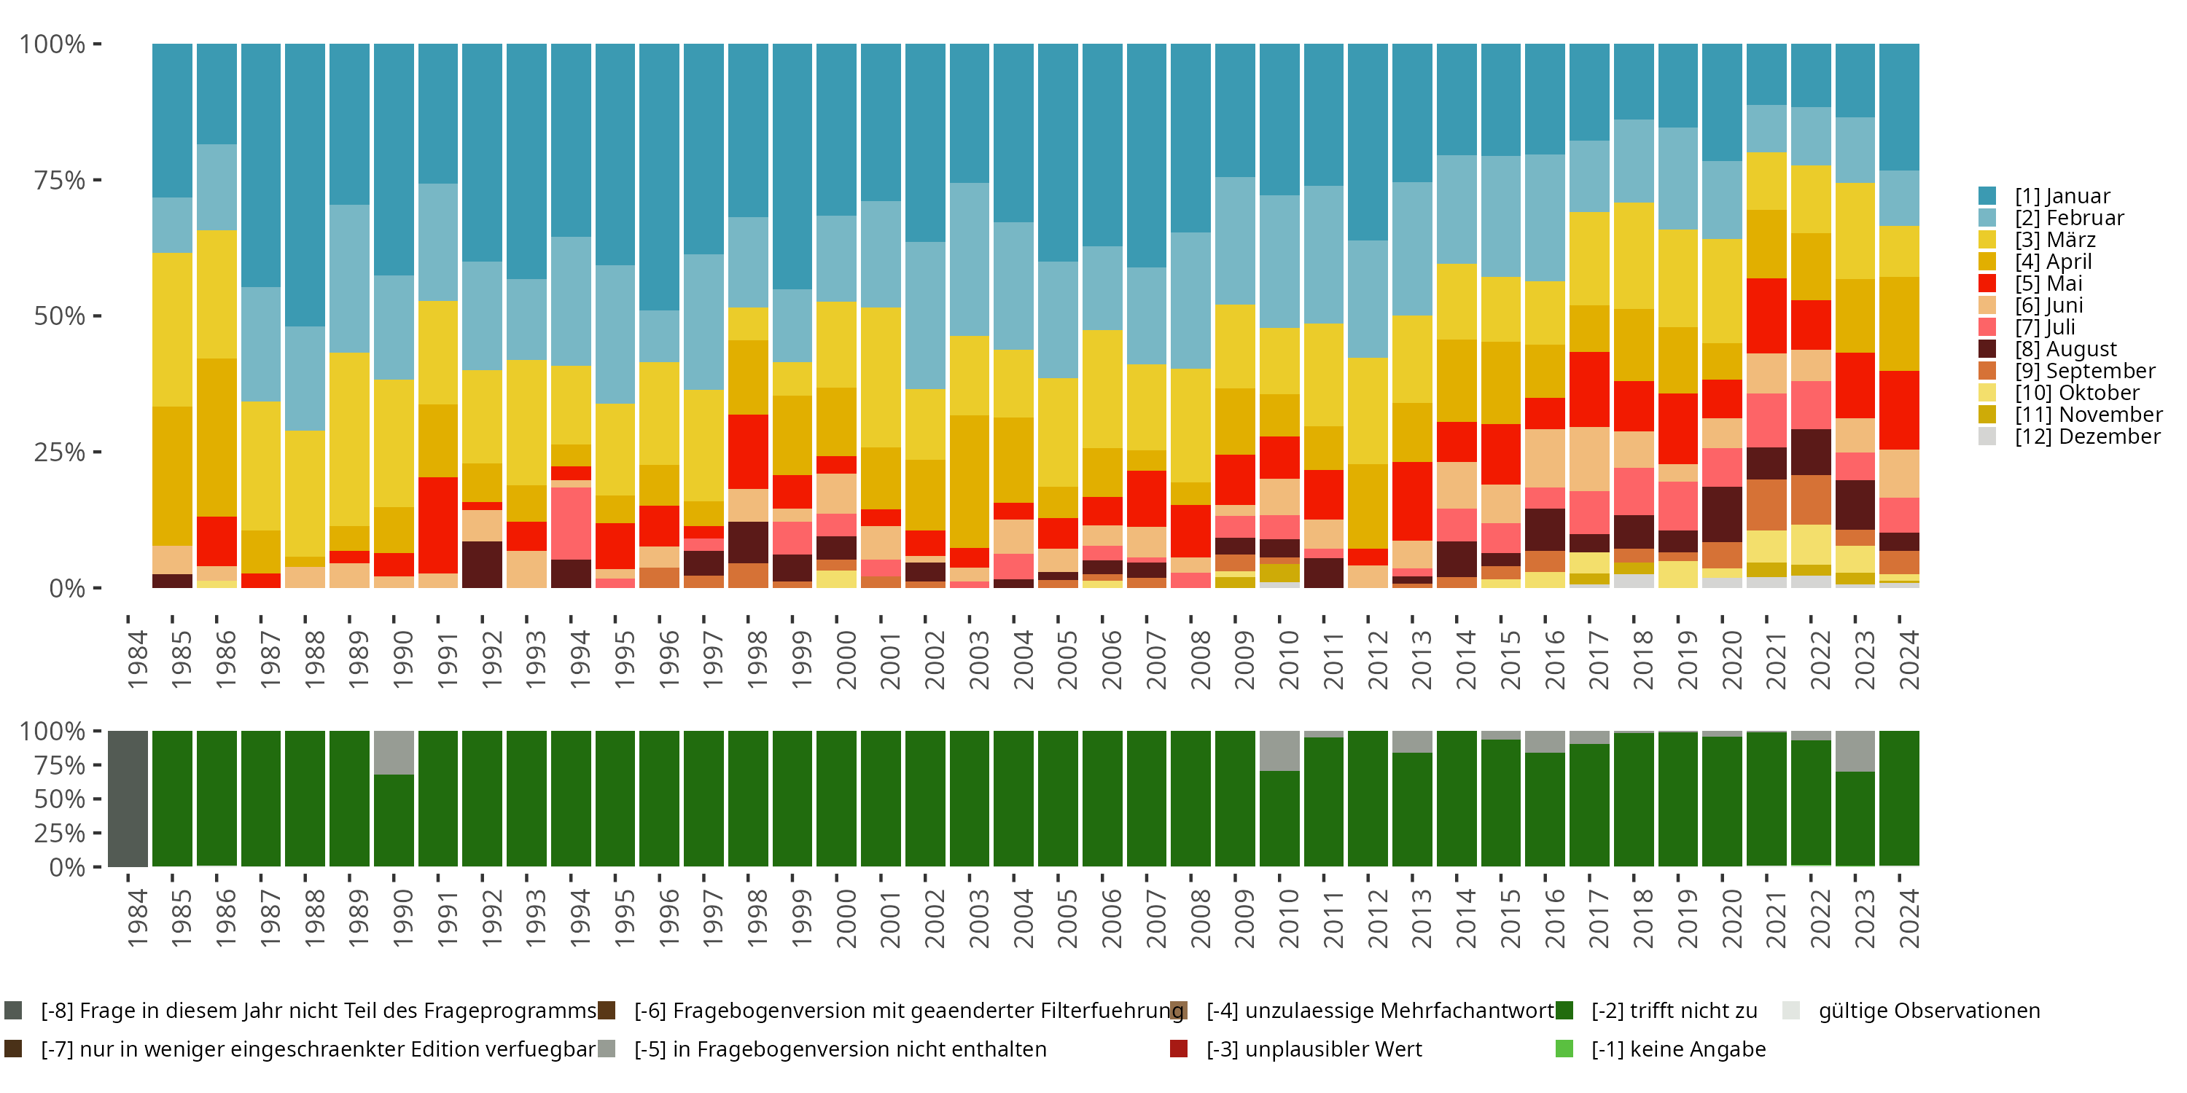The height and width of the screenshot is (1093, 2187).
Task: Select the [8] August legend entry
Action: click(x=2065, y=349)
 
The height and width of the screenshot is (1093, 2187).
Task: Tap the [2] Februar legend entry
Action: click(x=2068, y=218)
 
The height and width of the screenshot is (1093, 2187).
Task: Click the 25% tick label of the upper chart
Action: click(x=60, y=453)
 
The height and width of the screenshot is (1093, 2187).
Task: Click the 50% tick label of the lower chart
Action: click(x=60, y=799)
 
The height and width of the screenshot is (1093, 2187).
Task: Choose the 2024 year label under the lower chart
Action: click(x=1908, y=919)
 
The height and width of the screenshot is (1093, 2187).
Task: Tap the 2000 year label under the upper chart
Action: click(x=846, y=659)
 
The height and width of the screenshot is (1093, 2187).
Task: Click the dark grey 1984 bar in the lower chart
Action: click(x=128, y=799)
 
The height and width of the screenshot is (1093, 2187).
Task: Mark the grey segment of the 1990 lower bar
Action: click(x=394, y=752)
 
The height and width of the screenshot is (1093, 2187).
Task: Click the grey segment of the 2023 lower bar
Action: click(x=1855, y=751)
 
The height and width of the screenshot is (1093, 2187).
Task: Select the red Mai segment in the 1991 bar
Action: click(x=438, y=525)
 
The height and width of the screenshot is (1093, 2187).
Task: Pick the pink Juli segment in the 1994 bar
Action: click(x=571, y=522)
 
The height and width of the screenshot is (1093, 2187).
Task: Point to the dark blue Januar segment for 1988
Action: click(x=305, y=185)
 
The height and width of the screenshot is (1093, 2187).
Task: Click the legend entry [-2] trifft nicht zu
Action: click(x=1672, y=1011)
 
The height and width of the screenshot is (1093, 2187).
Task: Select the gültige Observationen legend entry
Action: click(x=1927, y=1011)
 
